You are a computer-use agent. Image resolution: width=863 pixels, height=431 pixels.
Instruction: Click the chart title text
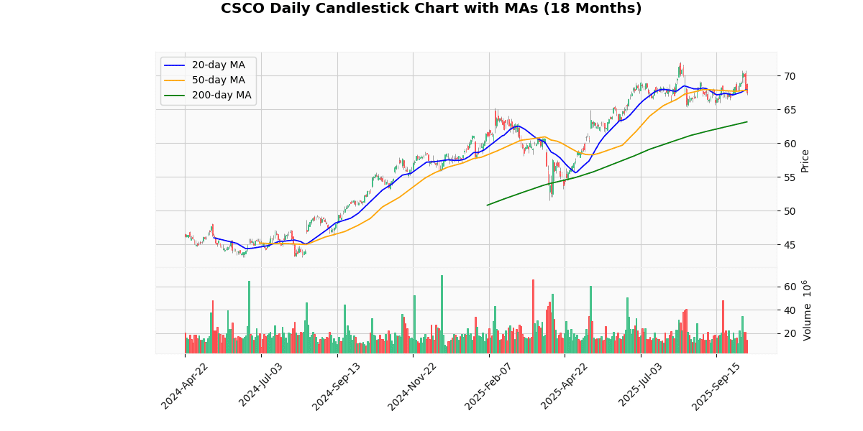tap(431, 9)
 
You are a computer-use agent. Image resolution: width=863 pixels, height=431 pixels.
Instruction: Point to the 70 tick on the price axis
tap(790, 76)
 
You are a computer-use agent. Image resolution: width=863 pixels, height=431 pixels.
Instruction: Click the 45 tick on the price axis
tap(790, 245)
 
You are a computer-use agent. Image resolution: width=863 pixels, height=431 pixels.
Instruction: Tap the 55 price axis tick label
tap(790, 177)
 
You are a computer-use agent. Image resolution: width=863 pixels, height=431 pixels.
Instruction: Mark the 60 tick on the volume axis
tap(790, 287)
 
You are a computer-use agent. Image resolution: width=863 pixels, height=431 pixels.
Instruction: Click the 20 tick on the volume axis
tap(790, 334)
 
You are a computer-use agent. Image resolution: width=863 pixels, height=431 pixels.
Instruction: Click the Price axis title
tap(805, 160)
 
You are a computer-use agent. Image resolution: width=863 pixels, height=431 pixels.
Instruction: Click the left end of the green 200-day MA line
tap(488, 205)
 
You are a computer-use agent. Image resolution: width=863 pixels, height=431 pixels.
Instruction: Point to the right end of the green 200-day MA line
tap(747, 121)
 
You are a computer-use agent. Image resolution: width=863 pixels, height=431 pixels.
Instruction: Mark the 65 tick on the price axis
tap(790, 110)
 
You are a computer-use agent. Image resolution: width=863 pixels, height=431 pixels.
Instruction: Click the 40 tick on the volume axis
tap(790, 310)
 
